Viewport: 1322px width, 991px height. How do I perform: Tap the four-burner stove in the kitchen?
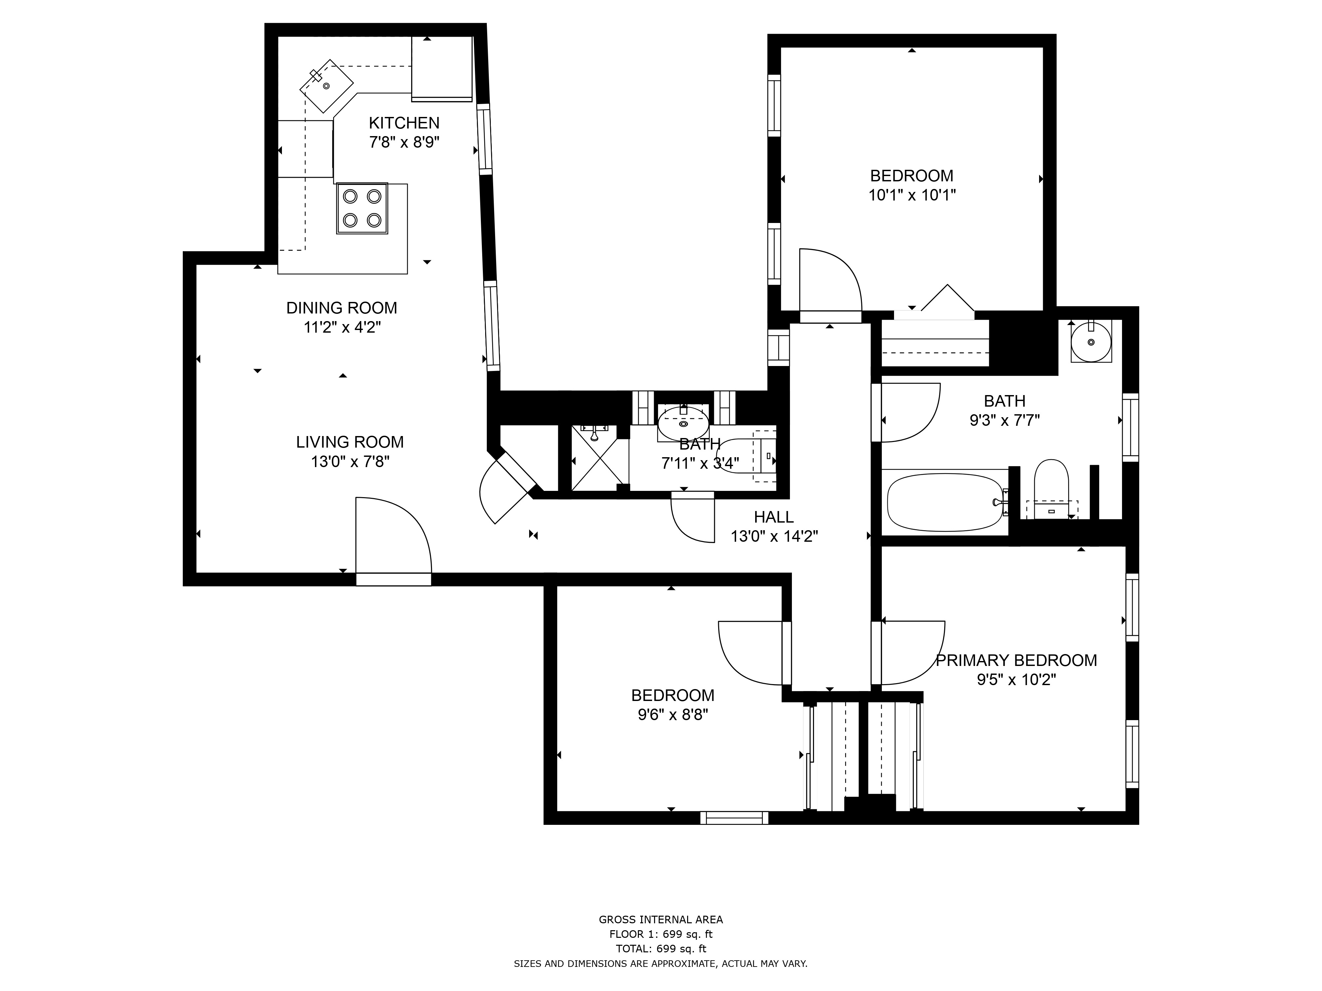[362, 208]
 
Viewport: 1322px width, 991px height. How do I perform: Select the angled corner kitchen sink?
[326, 86]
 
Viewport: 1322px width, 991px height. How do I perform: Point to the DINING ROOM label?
[341, 308]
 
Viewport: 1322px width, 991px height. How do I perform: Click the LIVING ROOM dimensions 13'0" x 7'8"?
[350, 462]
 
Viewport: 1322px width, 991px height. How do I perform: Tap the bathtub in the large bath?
[946, 502]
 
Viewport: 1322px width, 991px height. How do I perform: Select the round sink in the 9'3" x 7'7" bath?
[1091, 342]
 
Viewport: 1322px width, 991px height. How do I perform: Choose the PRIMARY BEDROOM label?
[1016, 661]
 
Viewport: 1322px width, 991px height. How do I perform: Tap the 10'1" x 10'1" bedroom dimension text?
[912, 195]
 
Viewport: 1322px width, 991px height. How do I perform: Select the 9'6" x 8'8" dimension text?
[673, 715]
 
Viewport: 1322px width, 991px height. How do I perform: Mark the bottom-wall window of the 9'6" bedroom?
[734, 818]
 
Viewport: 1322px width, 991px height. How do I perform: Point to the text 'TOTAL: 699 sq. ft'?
[661, 949]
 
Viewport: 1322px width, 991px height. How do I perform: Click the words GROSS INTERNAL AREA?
[661, 920]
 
